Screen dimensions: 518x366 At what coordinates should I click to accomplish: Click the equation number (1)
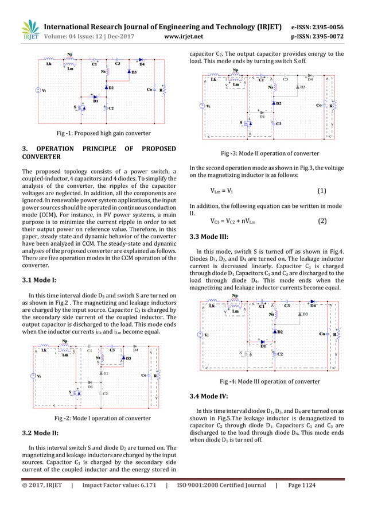(x=322, y=190)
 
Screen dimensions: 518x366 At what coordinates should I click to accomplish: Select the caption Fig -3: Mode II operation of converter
(x=270, y=154)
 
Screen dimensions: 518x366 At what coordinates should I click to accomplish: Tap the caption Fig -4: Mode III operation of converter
(x=270, y=381)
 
